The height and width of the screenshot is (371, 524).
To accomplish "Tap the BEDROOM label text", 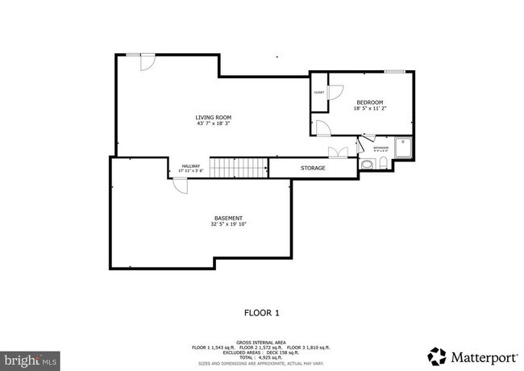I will (x=370, y=102).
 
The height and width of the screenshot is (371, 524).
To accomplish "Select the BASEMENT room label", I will (x=228, y=218).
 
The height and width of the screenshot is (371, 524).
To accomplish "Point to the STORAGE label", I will (x=313, y=168).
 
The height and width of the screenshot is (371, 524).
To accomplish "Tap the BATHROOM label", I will (x=381, y=148).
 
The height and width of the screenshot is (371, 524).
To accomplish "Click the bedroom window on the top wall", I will (x=394, y=72).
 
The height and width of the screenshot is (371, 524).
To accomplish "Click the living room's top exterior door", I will (x=148, y=61).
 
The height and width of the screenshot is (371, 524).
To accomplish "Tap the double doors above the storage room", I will (x=339, y=152).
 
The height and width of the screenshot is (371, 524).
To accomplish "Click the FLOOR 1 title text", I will (x=261, y=312).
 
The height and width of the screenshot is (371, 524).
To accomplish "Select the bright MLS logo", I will (x=29, y=357).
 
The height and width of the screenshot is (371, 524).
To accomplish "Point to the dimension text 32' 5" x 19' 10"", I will (x=228, y=224).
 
